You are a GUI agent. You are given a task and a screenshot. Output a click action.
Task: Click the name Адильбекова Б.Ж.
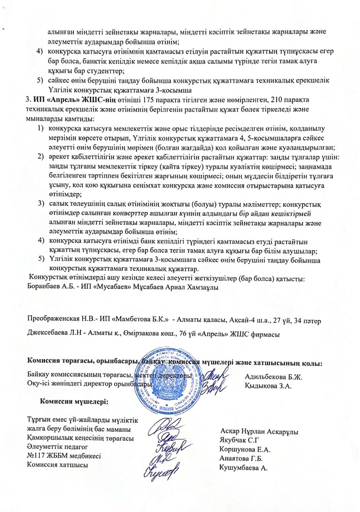coord(274,377)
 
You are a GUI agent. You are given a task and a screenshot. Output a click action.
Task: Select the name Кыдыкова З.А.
coord(269,386)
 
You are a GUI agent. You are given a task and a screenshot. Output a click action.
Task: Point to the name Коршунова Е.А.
coord(245,450)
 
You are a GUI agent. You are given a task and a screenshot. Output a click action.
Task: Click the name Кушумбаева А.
coord(243,468)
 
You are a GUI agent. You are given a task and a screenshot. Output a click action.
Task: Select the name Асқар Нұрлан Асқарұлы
coord(259,432)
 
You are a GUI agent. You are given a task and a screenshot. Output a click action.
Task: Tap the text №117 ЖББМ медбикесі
coord(64,456)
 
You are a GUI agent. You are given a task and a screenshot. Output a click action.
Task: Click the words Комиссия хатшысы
coord(57,465)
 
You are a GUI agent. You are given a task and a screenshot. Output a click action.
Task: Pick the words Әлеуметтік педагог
coord(57,447)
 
